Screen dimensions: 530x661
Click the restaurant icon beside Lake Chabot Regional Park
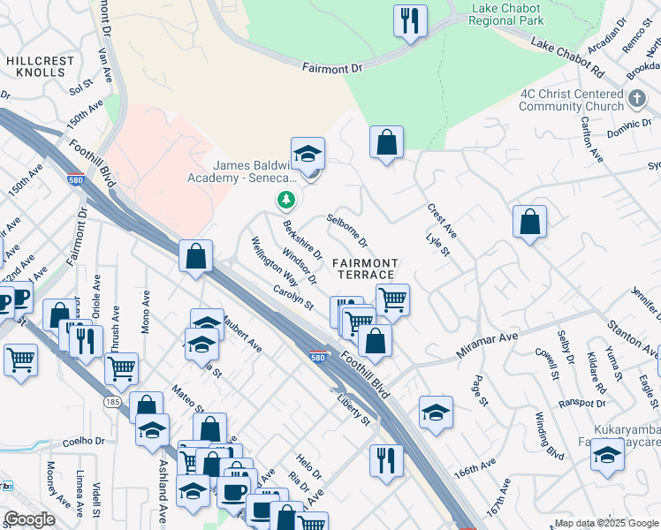click(410, 20)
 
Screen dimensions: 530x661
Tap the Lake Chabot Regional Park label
click(507, 13)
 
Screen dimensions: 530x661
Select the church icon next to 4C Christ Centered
click(638, 101)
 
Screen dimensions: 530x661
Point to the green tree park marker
click(285, 201)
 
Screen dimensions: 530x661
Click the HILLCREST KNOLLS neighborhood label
click(41, 68)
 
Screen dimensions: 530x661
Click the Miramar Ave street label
click(487, 344)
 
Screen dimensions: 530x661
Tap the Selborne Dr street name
click(346, 230)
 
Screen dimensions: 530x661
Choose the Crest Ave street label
click(441, 221)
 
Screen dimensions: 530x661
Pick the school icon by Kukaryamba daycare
click(607, 455)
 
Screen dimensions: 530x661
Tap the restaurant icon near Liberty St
click(386, 460)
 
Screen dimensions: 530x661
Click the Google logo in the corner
click(29, 519)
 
